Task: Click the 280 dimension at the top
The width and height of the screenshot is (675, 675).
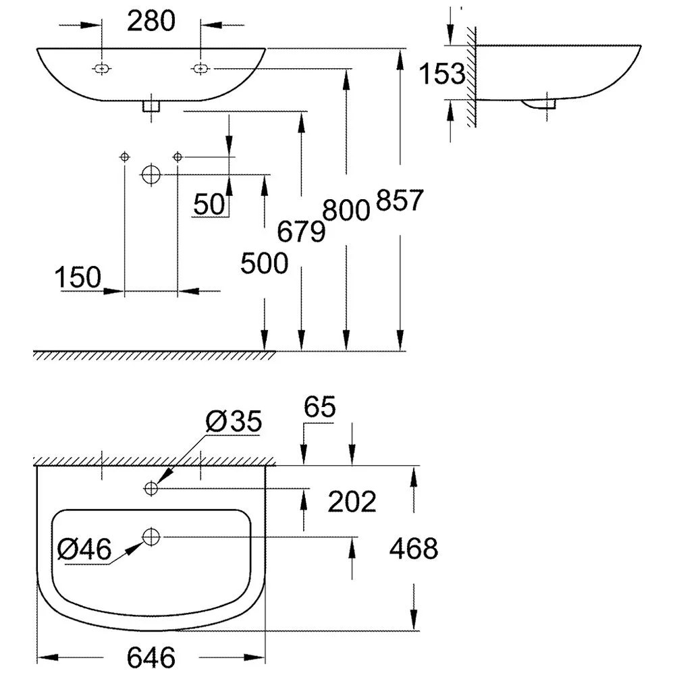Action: (151, 22)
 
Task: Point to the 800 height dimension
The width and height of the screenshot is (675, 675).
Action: (346, 211)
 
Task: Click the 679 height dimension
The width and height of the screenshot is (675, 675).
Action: (302, 232)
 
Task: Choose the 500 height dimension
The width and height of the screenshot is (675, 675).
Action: (265, 264)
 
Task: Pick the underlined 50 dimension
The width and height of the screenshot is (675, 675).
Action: (209, 203)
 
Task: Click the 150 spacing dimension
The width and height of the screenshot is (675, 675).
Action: (78, 277)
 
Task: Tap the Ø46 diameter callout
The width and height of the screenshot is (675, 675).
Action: (84, 549)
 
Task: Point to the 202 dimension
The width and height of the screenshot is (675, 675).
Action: (351, 502)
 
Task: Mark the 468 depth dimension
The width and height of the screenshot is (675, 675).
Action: (414, 549)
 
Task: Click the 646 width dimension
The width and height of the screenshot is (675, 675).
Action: (151, 656)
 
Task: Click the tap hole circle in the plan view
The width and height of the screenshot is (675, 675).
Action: (151, 487)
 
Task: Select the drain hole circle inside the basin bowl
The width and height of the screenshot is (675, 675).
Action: (151, 537)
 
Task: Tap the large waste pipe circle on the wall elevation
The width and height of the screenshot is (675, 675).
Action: (151, 174)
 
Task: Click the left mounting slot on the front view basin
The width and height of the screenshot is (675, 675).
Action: (101, 68)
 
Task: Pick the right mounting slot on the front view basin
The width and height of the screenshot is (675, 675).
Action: (200, 68)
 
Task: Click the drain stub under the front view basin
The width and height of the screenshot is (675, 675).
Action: (151, 106)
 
